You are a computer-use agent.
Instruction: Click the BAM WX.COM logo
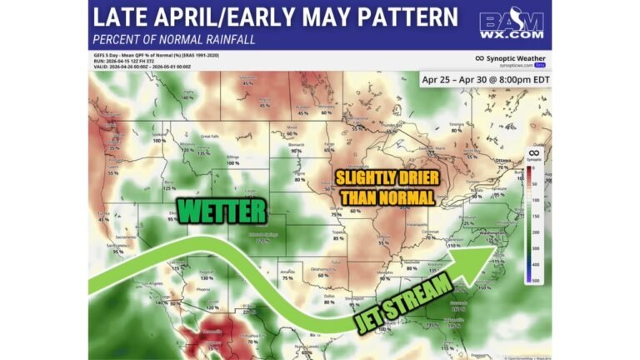(512, 25)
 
